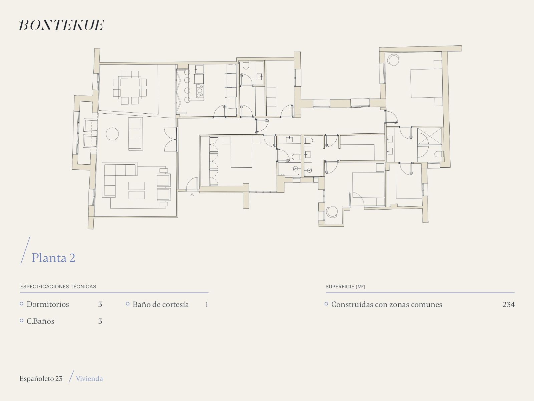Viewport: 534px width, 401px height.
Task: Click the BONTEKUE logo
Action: point(62,25)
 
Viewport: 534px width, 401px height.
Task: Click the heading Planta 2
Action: point(53,258)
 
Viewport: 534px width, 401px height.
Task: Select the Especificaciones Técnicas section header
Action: point(58,287)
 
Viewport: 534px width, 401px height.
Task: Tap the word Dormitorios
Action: point(48,304)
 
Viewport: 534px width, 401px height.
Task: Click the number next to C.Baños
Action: point(100,321)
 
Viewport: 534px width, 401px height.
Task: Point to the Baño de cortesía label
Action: point(161,304)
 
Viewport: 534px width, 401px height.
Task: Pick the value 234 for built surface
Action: point(508,304)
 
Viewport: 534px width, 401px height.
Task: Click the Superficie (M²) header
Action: point(345,287)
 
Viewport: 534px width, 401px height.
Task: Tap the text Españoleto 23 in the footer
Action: point(41,379)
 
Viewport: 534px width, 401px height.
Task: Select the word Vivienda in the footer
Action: point(89,379)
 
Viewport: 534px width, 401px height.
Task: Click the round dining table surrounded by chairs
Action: point(129,88)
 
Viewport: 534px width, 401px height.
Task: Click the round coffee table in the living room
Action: point(112,134)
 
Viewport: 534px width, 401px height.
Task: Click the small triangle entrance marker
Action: point(192,194)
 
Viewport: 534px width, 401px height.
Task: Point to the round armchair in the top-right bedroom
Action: point(393,60)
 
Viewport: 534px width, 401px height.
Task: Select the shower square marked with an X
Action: point(430,136)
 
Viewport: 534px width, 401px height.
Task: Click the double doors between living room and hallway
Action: point(171,139)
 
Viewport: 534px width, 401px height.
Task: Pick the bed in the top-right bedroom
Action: point(426,83)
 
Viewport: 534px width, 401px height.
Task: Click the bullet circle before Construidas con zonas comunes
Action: point(326,304)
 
